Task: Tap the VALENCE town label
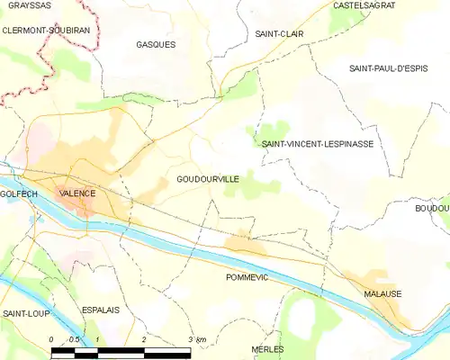pyautogui.click(x=76, y=193)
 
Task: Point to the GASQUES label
pyautogui.click(x=156, y=44)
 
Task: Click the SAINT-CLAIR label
pyautogui.click(x=278, y=34)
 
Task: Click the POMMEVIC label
pyautogui.click(x=247, y=278)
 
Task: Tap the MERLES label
pyautogui.click(x=267, y=348)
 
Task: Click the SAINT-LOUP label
pyautogui.click(x=24, y=313)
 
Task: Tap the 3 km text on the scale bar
pyautogui.click(x=197, y=339)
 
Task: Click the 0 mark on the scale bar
pyautogui.click(x=51, y=339)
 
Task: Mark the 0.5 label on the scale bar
pyautogui.click(x=74, y=339)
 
